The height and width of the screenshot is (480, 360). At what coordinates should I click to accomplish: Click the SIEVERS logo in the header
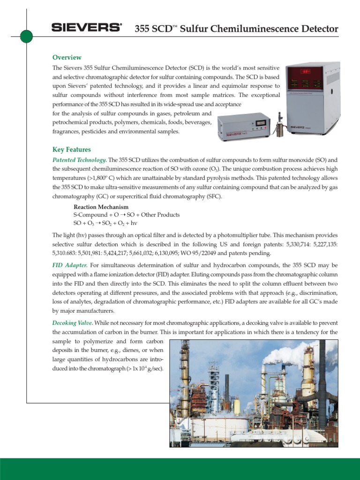(86, 29)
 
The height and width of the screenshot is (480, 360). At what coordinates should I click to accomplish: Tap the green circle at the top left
(26, 36)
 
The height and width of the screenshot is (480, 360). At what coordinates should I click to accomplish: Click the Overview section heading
(67, 57)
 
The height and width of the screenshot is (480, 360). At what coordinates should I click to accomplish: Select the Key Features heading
(71, 150)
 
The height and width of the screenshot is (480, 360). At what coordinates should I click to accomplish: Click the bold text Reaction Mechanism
(101, 207)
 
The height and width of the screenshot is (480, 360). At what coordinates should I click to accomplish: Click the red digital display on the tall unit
(306, 72)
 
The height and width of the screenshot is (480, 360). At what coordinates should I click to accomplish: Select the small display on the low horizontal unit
(260, 123)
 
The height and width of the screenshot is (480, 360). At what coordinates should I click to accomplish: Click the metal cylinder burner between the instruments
(281, 128)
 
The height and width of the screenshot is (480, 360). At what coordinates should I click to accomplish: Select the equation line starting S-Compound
(126, 215)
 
